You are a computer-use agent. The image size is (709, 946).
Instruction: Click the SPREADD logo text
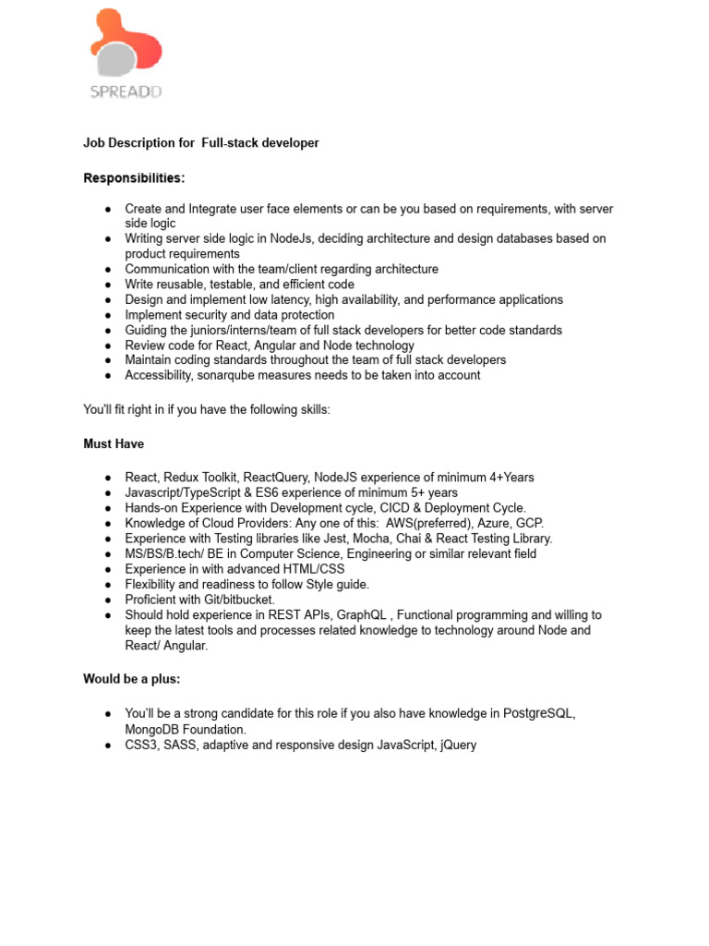(x=126, y=91)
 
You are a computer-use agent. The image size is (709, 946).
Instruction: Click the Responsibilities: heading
(x=134, y=177)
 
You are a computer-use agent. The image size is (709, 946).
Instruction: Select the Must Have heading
(x=114, y=444)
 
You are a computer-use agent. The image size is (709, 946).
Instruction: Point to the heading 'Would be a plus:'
(x=132, y=679)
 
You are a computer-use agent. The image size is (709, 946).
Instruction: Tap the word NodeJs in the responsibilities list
(x=292, y=238)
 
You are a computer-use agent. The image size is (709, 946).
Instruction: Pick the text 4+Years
(x=507, y=478)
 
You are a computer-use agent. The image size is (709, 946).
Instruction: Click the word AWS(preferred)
(x=427, y=523)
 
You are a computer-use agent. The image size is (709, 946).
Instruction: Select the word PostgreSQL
(x=538, y=714)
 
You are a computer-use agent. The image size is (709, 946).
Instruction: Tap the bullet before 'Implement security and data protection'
(x=108, y=315)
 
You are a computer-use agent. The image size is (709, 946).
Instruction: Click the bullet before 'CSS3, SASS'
(x=108, y=745)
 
